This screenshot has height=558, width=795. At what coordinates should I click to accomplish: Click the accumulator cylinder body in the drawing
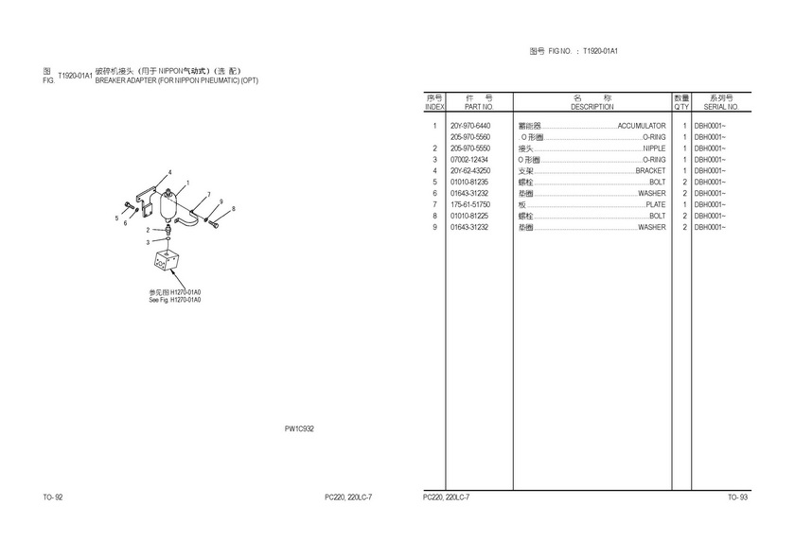pyautogui.click(x=168, y=206)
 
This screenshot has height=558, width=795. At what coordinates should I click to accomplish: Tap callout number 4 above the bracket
pyautogui.click(x=169, y=172)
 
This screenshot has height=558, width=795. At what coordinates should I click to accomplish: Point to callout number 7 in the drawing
pyautogui.click(x=208, y=195)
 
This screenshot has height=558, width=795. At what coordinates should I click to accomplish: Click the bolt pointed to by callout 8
pyautogui.click(x=214, y=222)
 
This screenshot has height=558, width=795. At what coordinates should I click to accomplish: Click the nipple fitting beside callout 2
pyautogui.click(x=167, y=230)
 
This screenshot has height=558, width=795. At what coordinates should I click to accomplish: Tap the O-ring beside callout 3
pyautogui.click(x=168, y=238)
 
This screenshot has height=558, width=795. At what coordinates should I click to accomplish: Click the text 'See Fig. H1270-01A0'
pyautogui.click(x=175, y=300)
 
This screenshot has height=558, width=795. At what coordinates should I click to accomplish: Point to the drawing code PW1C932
pyautogui.click(x=299, y=428)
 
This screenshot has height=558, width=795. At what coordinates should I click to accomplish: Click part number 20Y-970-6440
pyautogui.click(x=470, y=126)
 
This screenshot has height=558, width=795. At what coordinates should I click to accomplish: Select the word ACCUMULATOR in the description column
pyautogui.click(x=642, y=126)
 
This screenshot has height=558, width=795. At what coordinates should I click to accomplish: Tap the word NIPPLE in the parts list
pyautogui.click(x=654, y=148)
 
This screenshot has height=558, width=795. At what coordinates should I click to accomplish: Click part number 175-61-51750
pyautogui.click(x=470, y=204)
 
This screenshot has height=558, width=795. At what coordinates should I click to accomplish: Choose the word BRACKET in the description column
pyautogui.click(x=650, y=171)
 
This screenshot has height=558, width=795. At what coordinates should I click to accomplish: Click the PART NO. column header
pyautogui.click(x=479, y=107)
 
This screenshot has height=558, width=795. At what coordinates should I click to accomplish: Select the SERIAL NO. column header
pyautogui.click(x=721, y=107)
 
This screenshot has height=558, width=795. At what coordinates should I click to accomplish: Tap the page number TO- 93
pyautogui.click(x=737, y=497)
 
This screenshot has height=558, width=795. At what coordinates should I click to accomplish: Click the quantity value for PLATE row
pyautogui.click(x=684, y=204)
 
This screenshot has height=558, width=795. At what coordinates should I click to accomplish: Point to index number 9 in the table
pyautogui.click(x=434, y=227)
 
